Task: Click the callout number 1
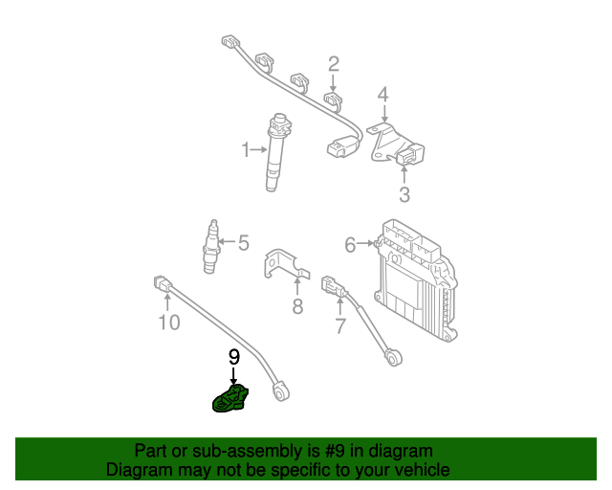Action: [x=245, y=149]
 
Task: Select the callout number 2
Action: [x=334, y=64]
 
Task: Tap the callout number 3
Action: [x=404, y=195]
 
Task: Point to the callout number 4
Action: [x=382, y=95]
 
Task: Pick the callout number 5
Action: [x=243, y=243]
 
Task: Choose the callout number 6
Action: [x=350, y=245]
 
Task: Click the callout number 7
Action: [x=339, y=327]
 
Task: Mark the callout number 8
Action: [x=297, y=306]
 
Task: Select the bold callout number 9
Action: [x=232, y=356]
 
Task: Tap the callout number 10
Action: [x=168, y=323]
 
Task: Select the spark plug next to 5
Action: [x=212, y=245]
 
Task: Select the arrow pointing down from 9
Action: [x=232, y=375]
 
